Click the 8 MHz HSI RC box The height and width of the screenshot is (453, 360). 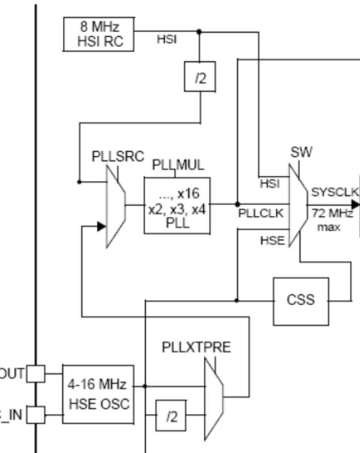(98, 34)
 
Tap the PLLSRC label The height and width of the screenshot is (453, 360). (112, 156)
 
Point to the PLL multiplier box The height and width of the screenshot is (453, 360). (177, 205)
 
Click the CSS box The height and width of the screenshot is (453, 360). (301, 300)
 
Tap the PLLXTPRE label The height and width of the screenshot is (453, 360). (197, 348)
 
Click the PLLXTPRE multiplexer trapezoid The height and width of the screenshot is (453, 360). (214, 397)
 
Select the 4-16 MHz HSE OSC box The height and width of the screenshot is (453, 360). (98, 394)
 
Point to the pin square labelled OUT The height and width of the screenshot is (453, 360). (36, 374)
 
